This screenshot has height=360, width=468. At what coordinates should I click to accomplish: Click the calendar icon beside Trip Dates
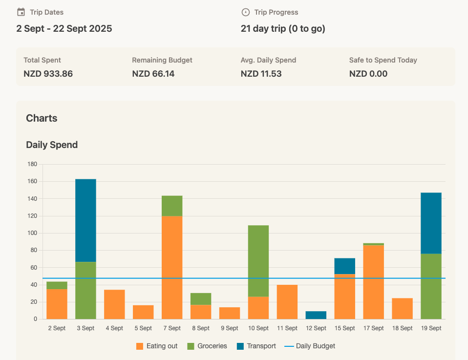point(21,12)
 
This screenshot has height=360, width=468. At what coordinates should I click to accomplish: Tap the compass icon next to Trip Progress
point(246,12)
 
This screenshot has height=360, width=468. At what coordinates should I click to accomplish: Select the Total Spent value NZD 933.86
point(48,74)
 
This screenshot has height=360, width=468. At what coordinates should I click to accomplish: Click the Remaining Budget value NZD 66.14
point(153,74)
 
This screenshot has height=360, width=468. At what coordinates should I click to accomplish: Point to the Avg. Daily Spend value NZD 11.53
point(261,74)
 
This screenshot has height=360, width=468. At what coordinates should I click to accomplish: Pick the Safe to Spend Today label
point(383,60)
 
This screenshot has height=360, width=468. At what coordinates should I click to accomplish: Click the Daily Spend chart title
point(52,145)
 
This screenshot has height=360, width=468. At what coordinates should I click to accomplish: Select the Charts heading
point(42,118)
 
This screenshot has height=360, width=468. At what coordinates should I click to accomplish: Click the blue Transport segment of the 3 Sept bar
point(85,220)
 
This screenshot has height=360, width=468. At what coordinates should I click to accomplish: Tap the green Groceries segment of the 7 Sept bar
point(172,206)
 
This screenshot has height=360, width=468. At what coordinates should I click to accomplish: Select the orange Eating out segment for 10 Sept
point(258,308)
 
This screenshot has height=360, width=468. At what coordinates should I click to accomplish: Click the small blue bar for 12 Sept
point(316,315)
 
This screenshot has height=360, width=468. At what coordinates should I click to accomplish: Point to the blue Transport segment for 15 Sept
point(345,266)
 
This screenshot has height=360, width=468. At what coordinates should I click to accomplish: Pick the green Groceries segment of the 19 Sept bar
point(431,286)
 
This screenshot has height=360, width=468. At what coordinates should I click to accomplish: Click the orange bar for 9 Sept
point(230,313)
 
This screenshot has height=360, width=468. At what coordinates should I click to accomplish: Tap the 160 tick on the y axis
point(32,181)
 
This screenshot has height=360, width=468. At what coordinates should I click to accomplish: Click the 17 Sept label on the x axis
point(374,328)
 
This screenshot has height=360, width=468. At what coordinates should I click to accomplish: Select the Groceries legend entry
point(207,346)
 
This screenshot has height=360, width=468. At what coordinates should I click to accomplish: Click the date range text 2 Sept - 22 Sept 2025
point(64,28)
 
